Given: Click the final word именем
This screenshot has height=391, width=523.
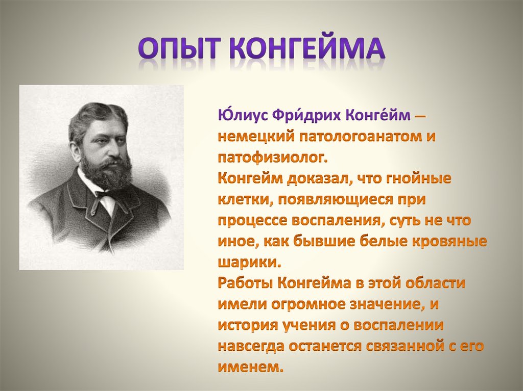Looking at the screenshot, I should coord(250,368).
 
